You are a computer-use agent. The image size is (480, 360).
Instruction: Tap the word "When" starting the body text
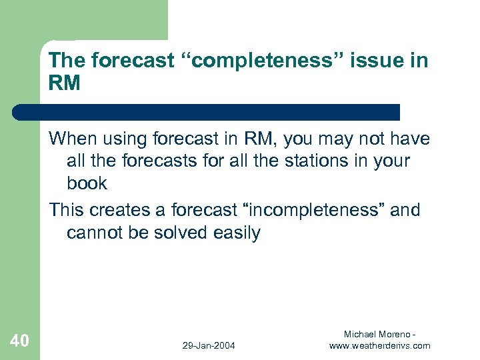click(74, 139)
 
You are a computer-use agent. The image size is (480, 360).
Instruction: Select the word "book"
click(87, 183)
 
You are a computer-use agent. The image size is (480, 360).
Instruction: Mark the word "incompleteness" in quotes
click(311, 210)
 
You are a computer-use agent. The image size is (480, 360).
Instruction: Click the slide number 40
click(20, 341)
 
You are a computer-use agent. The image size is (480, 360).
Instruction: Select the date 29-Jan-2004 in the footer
click(209, 345)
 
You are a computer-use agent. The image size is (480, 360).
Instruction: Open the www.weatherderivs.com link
click(379, 345)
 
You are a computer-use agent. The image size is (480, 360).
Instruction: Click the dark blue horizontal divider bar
click(207, 111)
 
